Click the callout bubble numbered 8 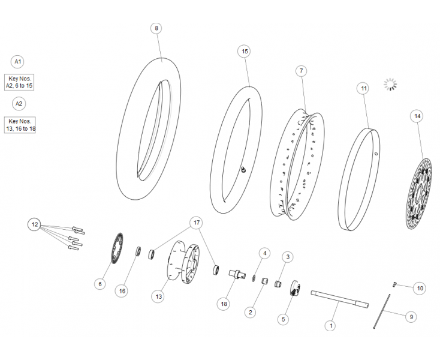coord(156,28)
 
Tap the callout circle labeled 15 coord(245,51)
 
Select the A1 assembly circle coord(17,61)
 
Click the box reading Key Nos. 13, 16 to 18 coord(20,125)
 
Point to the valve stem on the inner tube coord(243,169)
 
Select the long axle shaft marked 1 coord(340,299)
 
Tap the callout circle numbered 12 coord(35,224)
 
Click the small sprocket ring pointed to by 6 coord(117,248)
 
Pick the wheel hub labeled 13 coord(183,262)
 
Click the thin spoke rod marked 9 coord(382,311)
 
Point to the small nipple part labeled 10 coord(394,284)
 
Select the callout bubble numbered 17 coord(197,223)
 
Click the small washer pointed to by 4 coord(254,278)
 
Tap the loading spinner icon coord(390,85)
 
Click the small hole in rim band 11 coord(376,154)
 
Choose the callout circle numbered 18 coord(224,304)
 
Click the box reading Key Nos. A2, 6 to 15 coord(19,82)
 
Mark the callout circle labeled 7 coord(302,71)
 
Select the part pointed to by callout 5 coord(295,288)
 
